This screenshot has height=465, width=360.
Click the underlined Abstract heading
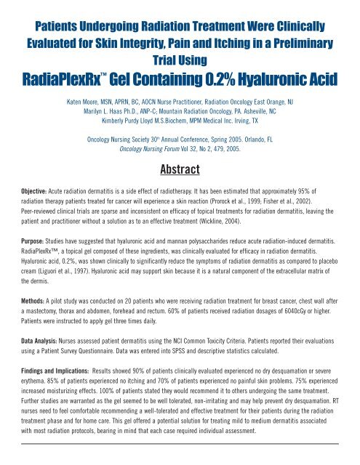[x=180, y=151]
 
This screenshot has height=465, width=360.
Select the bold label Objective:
[x=28, y=175]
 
